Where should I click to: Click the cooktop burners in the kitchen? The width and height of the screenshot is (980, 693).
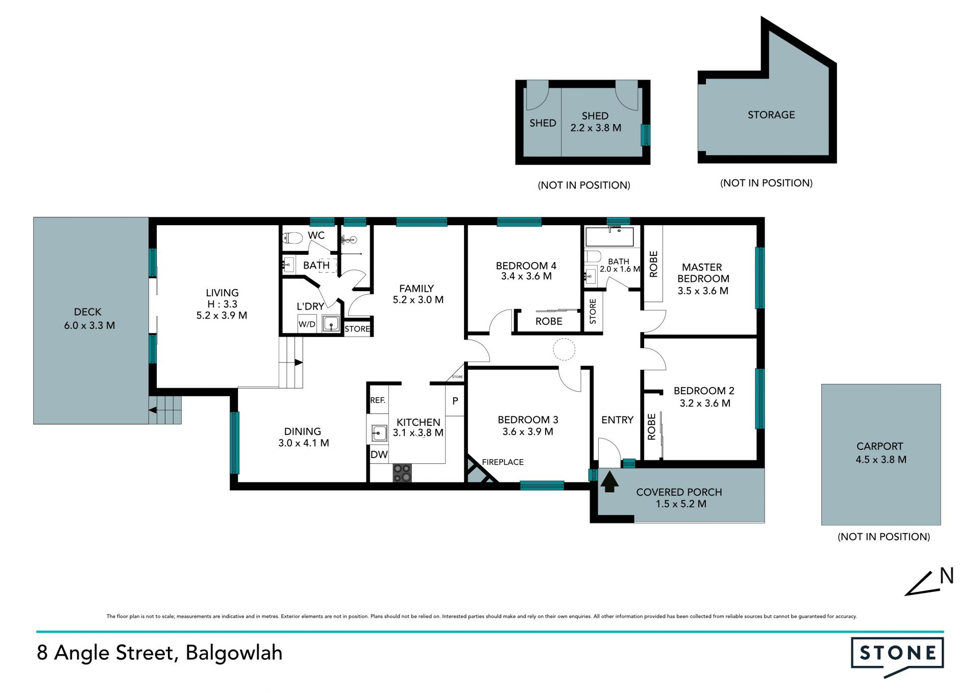pos(402,472)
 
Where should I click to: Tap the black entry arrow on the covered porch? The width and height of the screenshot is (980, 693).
pos(609,482)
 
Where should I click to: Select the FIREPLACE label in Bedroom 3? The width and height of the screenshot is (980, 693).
pos(503,462)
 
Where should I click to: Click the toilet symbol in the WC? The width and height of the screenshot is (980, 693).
pos(292,237)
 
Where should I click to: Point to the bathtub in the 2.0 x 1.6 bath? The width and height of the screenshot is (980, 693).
pos(610,237)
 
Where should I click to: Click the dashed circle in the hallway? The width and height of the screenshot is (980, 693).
pos(564,349)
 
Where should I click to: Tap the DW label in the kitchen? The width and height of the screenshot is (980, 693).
pos(379,455)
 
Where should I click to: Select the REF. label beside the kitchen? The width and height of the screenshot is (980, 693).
pos(378,400)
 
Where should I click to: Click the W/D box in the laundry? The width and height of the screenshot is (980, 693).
pos(307,324)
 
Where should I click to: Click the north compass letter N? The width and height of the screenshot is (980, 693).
pos(947,576)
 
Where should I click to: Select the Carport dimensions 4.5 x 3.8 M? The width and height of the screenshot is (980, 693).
pos(881,460)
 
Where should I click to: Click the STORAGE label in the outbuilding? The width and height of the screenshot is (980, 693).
pos(771,115)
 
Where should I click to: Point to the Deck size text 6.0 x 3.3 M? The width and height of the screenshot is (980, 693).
pos(89,325)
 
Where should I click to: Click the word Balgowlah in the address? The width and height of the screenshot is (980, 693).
pos(234,653)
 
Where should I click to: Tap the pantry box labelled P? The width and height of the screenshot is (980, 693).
pos(455,401)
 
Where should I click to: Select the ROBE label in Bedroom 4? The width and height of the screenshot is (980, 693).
pos(549,321)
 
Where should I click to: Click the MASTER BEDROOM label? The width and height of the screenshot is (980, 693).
pos(703,273)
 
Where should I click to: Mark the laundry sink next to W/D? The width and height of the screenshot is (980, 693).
pos(331,324)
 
